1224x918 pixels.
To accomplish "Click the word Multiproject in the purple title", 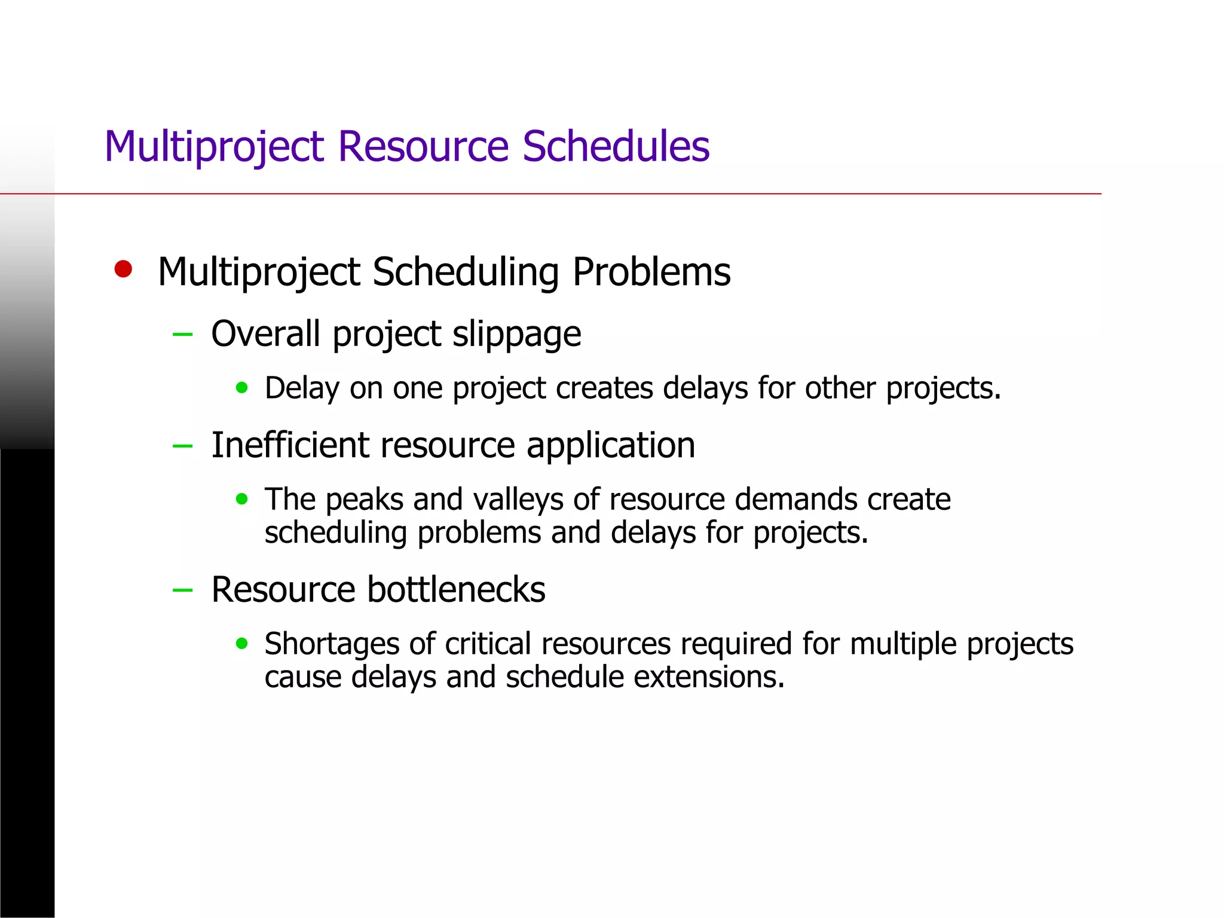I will (x=214, y=147).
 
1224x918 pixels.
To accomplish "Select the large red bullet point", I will (x=123, y=269).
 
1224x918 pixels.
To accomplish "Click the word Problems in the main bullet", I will (x=651, y=272).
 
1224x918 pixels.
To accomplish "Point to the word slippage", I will (x=516, y=334).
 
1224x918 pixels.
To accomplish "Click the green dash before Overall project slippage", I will (x=182, y=334).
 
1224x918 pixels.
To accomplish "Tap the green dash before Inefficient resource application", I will (x=182, y=446).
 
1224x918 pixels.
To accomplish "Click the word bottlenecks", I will (x=456, y=589).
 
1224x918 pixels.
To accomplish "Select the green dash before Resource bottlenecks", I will (x=182, y=590).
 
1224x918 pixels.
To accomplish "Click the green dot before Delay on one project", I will (x=241, y=388).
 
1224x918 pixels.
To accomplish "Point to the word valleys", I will (x=518, y=500).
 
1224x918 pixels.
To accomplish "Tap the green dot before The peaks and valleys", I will (x=241, y=498).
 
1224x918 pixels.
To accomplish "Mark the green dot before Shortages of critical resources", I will (x=241, y=643).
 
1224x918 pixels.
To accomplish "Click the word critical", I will (x=488, y=644).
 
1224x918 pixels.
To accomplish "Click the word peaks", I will (x=365, y=500).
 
